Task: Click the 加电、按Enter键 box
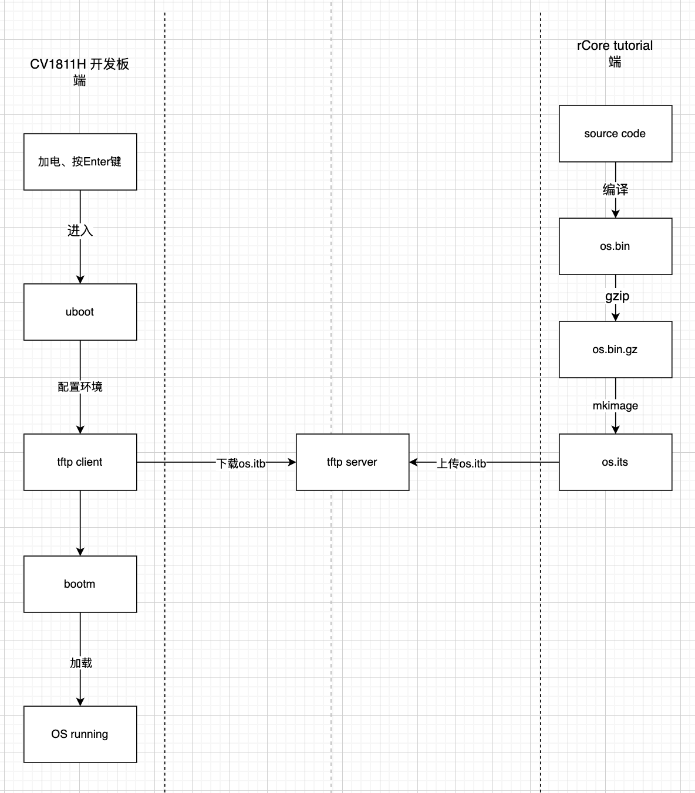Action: [x=80, y=162]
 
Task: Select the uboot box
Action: [x=80, y=312]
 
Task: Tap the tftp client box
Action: [x=80, y=462]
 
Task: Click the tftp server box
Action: [x=352, y=462]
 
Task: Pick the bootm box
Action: [x=80, y=584]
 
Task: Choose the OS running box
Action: [x=80, y=734]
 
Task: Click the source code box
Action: [x=615, y=134]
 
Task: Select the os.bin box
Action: [x=615, y=246]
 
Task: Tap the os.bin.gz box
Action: [x=615, y=350]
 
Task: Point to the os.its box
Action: [x=615, y=462]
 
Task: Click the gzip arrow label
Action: [x=617, y=296]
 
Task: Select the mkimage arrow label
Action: [x=615, y=406]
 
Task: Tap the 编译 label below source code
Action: [x=615, y=189]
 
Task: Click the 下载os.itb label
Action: [x=241, y=463]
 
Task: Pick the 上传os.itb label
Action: [x=461, y=463]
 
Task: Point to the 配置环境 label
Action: [x=80, y=387]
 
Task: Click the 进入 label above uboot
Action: [x=80, y=231]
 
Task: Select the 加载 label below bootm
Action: [x=81, y=663]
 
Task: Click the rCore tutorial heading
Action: [x=615, y=46]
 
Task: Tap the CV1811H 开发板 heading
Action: [x=80, y=65]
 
